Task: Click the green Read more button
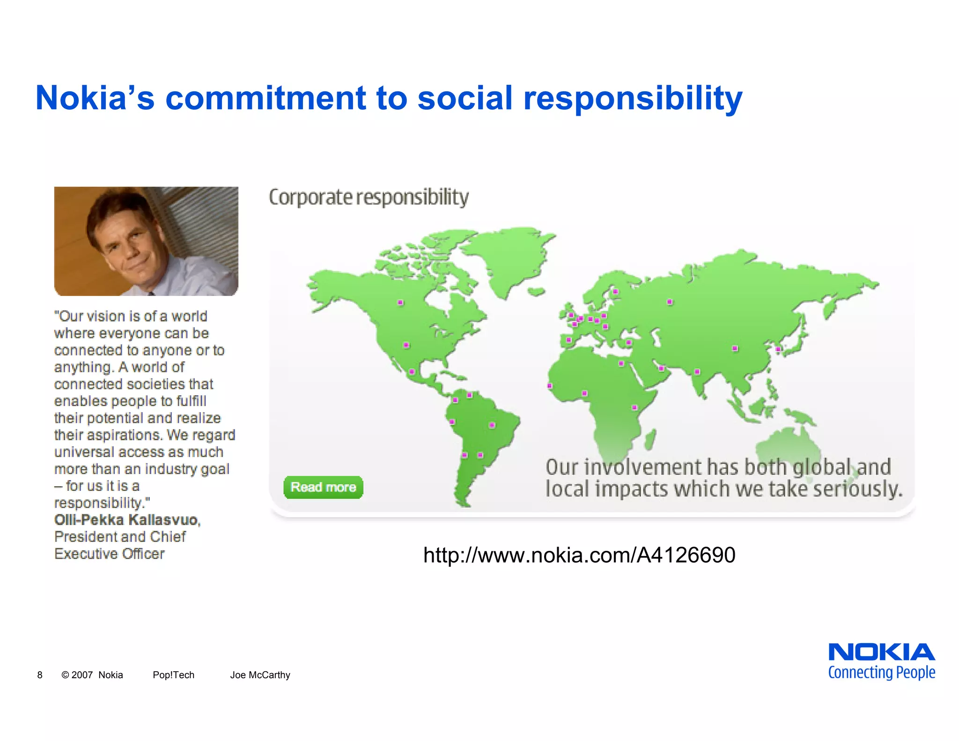[x=323, y=487]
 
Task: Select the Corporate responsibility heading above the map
[x=369, y=197]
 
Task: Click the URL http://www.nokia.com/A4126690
[x=579, y=555]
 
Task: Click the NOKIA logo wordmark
[x=881, y=652]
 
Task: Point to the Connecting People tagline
[x=881, y=673]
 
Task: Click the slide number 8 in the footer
[x=40, y=675]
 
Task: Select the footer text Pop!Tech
[x=173, y=675]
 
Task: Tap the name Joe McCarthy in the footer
[x=260, y=675]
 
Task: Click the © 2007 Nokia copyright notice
[x=92, y=675]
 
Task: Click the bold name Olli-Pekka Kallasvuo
[x=126, y=520]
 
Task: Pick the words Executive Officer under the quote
[x=110, y=554]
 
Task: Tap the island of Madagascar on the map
[x=649, y=440]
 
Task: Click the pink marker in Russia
[x=670, y=302]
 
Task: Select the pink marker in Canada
[x=400, y=303]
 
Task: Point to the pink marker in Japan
[x=778, y=349]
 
